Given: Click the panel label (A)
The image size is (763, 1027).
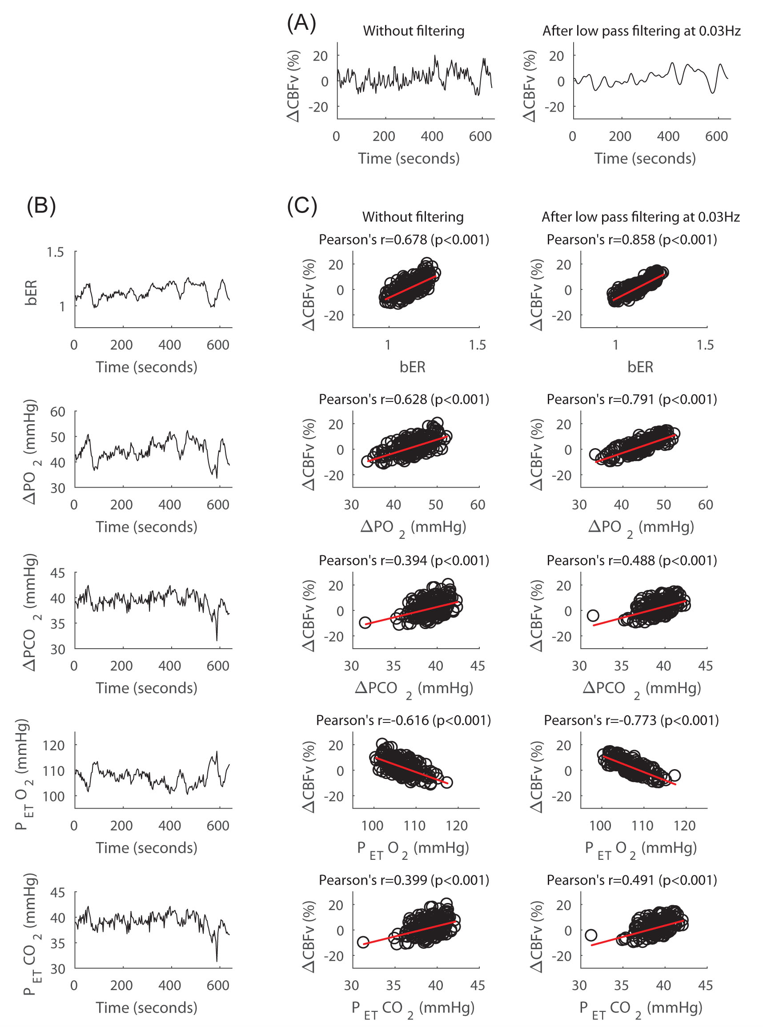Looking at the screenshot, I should click(x=301, y=23).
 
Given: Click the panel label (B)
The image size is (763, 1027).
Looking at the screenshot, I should click(x=41, y=205).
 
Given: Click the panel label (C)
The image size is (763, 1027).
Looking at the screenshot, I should click(x=301, y=205).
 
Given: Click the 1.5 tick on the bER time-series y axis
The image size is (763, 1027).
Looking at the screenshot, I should click(x=55, y=252).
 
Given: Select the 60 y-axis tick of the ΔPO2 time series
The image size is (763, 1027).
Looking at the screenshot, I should click(x=57, y=411).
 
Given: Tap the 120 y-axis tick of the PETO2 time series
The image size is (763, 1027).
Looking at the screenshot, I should click(x=53, y=745).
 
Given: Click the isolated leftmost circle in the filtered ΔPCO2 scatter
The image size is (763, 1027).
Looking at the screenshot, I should click(x=593, y=615).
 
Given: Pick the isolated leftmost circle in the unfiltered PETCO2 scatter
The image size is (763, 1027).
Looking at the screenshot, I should click(x=363, y=942).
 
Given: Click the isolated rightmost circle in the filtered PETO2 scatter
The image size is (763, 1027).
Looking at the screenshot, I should click(x=675, y=775).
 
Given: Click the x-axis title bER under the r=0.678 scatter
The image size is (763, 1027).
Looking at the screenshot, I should click(x=412, y=367).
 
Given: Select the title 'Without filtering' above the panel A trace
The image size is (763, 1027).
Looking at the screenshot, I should click(x=414, y=31).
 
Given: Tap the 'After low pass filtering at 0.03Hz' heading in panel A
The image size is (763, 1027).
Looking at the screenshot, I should click(x=641, y=31).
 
